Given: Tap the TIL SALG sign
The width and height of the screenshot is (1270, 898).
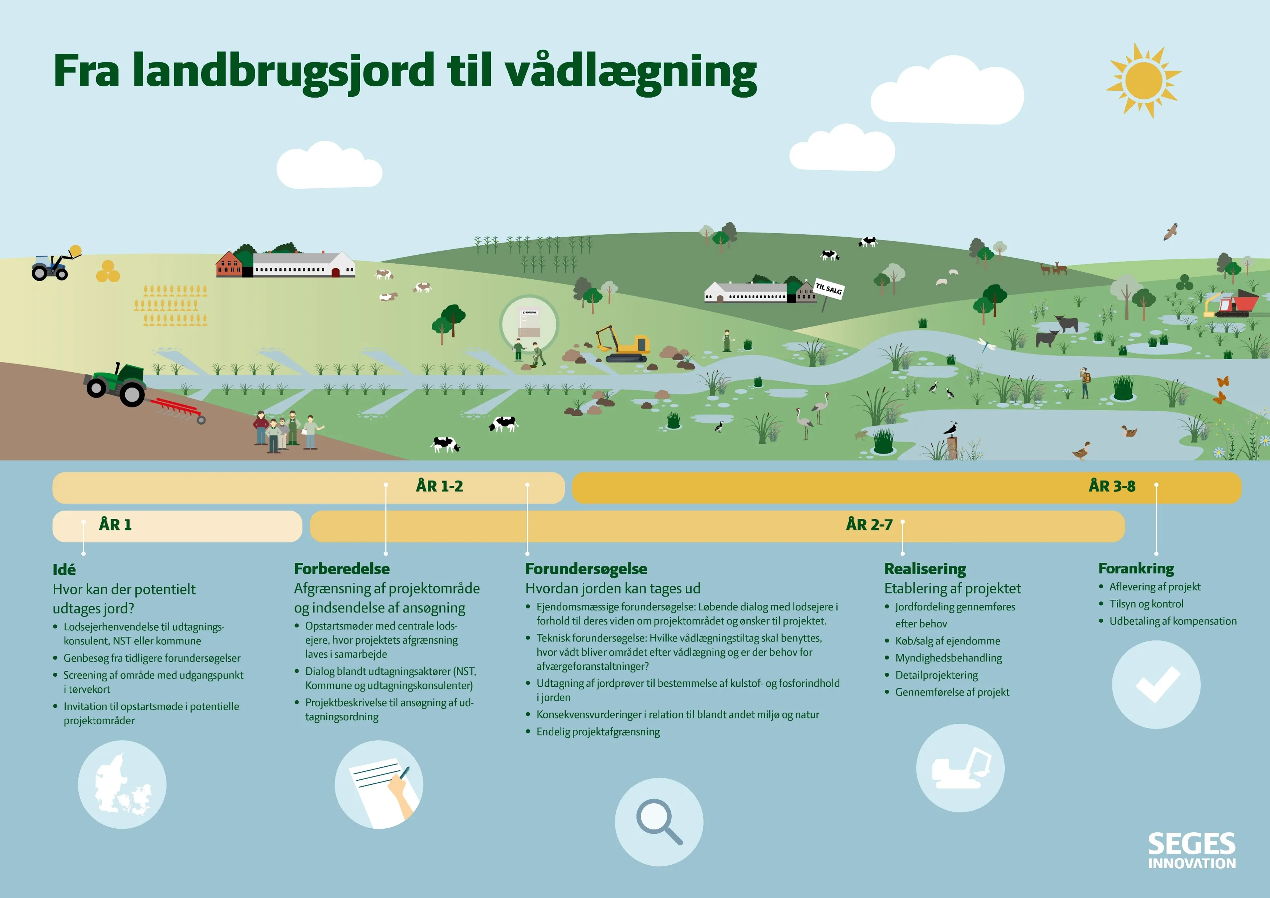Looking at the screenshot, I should click(x=829, y=289).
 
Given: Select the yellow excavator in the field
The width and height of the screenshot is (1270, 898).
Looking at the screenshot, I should click(x=623, y=343).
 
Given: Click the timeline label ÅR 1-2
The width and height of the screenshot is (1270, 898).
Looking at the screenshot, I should click(x=439, y=487).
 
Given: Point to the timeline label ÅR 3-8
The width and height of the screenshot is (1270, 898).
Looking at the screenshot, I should click(x=1112, y=487).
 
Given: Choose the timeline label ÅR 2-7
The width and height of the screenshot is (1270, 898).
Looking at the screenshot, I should click(x=869, y=525).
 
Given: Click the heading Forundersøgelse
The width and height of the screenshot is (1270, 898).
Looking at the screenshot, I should click(x=586, y=569).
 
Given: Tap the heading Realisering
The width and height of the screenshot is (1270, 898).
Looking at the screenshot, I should click(x=925, y=569).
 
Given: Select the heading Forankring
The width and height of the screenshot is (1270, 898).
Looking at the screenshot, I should click(x=1136, y=569).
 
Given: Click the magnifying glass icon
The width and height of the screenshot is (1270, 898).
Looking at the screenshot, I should click(x=659, y=822).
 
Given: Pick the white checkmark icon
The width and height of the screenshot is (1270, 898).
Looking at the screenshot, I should click(x=1156, y=685).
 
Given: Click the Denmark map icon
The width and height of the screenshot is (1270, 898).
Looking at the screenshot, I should click(x=122, y=785).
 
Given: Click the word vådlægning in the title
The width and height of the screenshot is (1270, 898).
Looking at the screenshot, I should click(x=631, y=72).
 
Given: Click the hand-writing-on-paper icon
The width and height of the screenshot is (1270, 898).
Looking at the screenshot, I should click(x=379, y=785).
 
